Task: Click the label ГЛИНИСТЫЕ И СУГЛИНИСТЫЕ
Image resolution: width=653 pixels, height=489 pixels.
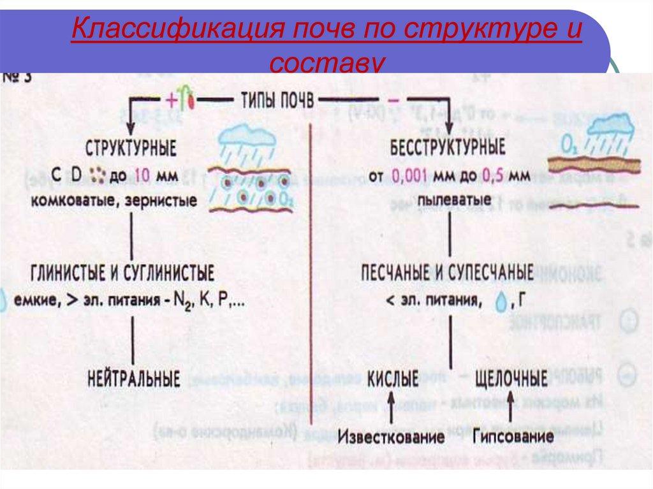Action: click(x=122, y=275)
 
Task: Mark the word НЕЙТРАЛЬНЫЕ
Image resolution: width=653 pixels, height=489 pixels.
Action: click(x=133, y=379)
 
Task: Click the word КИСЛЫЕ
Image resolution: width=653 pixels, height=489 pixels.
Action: click(x=393, y=379)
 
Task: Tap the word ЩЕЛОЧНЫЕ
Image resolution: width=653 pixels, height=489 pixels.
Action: click(x=511, y=379)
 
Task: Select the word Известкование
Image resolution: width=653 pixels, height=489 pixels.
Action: click(x=391, y=438)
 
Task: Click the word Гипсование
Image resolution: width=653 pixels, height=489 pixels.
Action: click(x=513, y=438)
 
